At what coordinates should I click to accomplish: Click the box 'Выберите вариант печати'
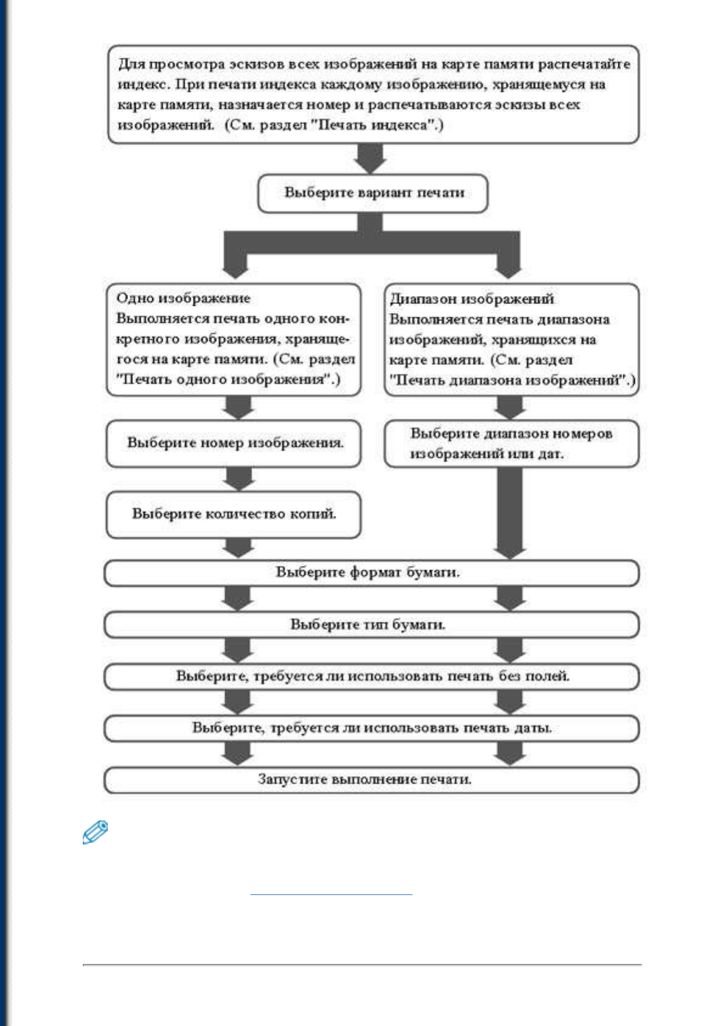pyautogui.click(x=373, y=193)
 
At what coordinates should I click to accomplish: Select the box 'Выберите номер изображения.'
pyautogui.click(x=233, y=444)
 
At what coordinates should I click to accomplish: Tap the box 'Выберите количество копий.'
pyautogui.click(x=233, y=514)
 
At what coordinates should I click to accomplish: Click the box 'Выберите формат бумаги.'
pyautogui.click(x=372, y=573)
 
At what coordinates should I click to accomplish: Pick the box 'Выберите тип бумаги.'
pyautogui.click(x=372, y=624)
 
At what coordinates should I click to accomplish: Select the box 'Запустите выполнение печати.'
pyautogui.click(x=372, y=780)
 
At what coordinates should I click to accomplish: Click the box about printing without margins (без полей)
pyautogui.click(x=372, y=676)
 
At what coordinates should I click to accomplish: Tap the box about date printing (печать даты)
pyautogui.click(x=372, y=728)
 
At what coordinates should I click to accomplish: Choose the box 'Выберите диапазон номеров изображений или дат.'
pyautogui.click(x=512, y=444)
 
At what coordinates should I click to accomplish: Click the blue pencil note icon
pyautogui.click(x=95, y=832)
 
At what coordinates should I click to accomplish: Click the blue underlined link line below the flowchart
pyautogui.click(x=331, y=894)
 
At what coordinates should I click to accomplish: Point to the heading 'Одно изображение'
pyautogui.click(x=183, y=298)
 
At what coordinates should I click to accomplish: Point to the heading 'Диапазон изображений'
pyautogui.click(x=472, y=299)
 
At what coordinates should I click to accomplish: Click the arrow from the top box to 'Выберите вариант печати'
pyautogui.click(x=370, y=158)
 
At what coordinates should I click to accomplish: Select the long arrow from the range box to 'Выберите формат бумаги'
pyautogui.click(x=510, y=513)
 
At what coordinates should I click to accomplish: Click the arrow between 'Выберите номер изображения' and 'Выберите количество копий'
pyautogui.click(x=238, y=479)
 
